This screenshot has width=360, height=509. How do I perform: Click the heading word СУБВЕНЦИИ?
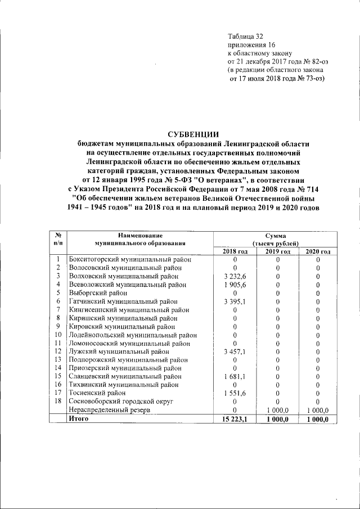(193, 134)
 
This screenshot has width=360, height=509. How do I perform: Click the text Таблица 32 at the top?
(245, 37)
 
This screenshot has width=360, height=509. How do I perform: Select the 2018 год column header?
(234, 251)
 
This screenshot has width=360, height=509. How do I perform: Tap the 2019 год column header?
(277, 251)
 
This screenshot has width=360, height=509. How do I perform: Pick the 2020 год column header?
(317, 251)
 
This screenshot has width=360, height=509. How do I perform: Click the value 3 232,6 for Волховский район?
(234, 276)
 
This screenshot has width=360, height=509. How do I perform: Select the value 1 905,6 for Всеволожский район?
(234, 285)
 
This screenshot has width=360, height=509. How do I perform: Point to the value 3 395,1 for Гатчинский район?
(234, 301)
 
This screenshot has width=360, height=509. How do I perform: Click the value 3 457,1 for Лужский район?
(234, 351)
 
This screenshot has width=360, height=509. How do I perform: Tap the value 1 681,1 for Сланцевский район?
(234, 376)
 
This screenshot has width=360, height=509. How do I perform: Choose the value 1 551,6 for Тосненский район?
(234, 393)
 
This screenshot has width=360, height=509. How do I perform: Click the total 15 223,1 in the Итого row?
(234, 419)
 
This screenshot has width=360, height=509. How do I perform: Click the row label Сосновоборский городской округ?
(120, 401)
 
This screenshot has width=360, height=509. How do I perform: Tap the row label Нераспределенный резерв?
(109, 410)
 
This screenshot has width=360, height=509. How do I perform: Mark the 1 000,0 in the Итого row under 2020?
(317, 419)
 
